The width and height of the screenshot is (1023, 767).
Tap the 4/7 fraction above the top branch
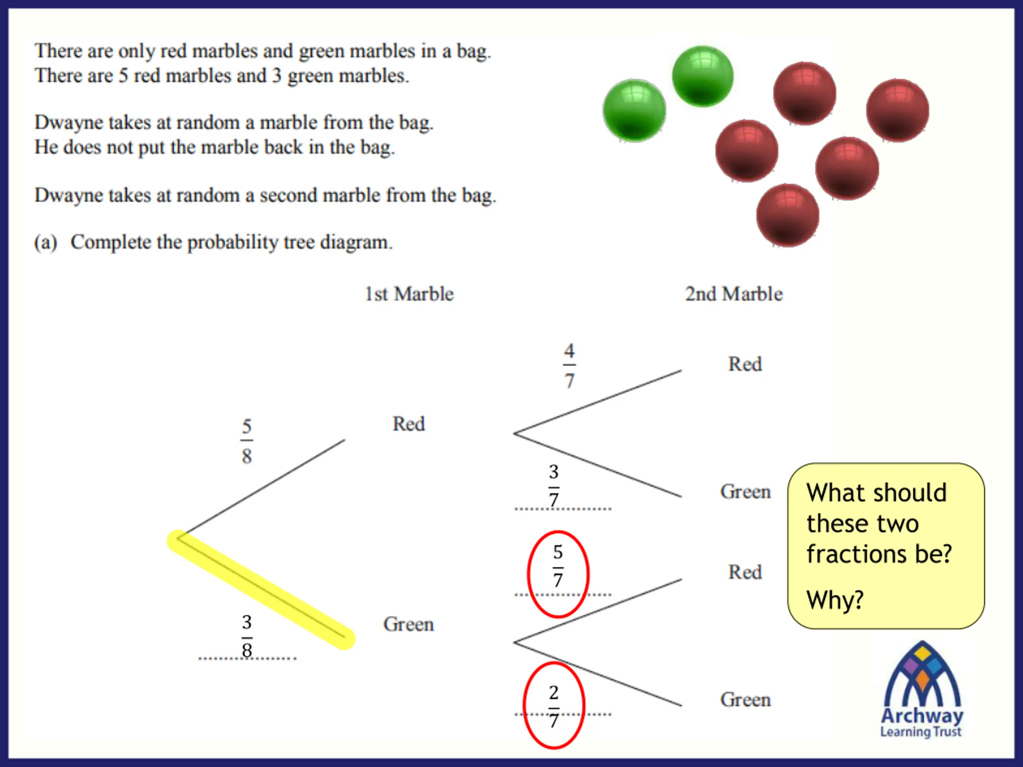point(569,366)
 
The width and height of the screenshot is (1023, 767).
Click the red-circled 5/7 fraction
point(558,566)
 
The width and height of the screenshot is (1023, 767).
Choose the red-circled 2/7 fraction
point(553,706)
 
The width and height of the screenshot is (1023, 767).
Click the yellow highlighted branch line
point(261,590)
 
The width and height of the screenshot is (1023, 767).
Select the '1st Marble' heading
point(409,294)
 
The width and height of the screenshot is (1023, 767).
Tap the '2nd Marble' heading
point(734,294)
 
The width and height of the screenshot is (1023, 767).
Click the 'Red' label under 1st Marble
point(408,424)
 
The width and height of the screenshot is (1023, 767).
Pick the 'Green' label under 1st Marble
point(408,624)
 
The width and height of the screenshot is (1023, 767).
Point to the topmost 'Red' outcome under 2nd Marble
point(745,364)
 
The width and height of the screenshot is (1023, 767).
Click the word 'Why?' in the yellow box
point(835,600)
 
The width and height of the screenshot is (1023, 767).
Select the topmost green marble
point(703,76)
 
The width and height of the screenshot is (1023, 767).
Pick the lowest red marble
point(788,215)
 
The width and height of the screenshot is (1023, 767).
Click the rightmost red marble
point(897,110)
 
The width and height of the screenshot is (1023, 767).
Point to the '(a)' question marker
point(45,242)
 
